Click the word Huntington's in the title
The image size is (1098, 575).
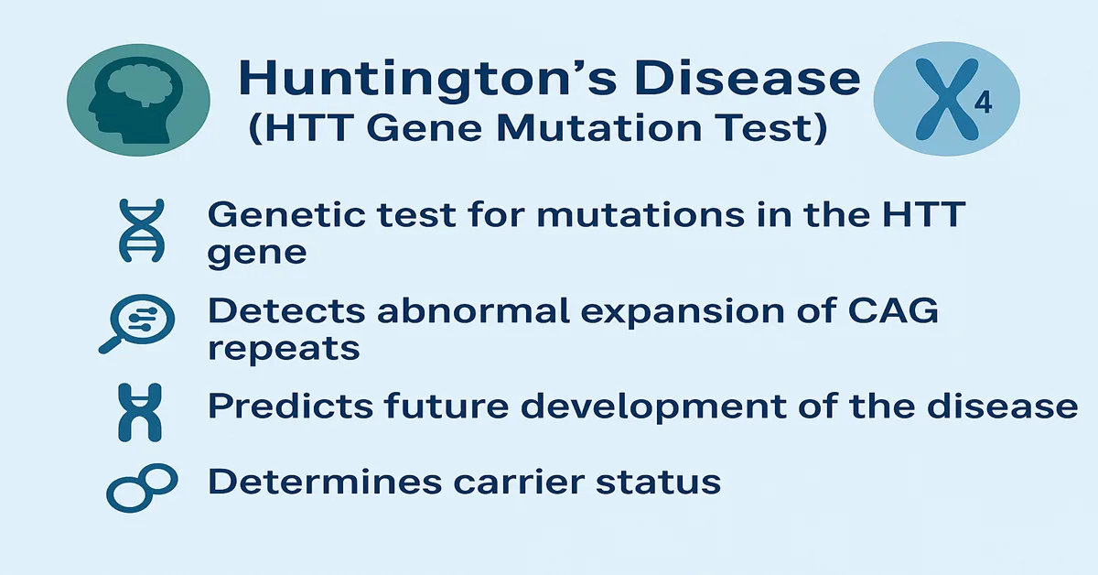click(x=408, y=78)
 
